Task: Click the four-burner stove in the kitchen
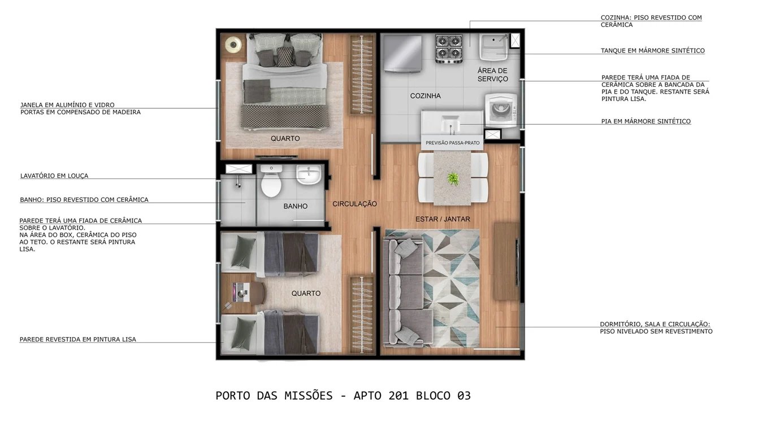coord(449,49)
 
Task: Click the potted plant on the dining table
coord(453,179)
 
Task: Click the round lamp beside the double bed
coord(233,45)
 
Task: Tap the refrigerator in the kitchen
coord(402,54)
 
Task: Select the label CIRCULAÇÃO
coord(354,204)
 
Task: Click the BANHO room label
coord(295,206)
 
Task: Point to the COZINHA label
coord(425,96)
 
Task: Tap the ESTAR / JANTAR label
coord(443,219)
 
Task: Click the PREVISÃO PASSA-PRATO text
coord(452,143)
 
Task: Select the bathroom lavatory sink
coord(308,174)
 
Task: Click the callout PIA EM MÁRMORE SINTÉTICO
coord(646,121)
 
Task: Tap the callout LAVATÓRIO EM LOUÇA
coord(54,176)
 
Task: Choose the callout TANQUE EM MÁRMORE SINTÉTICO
coord(652,51)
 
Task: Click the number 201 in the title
coord(400,396)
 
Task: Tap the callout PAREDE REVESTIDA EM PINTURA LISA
coord(77,339)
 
